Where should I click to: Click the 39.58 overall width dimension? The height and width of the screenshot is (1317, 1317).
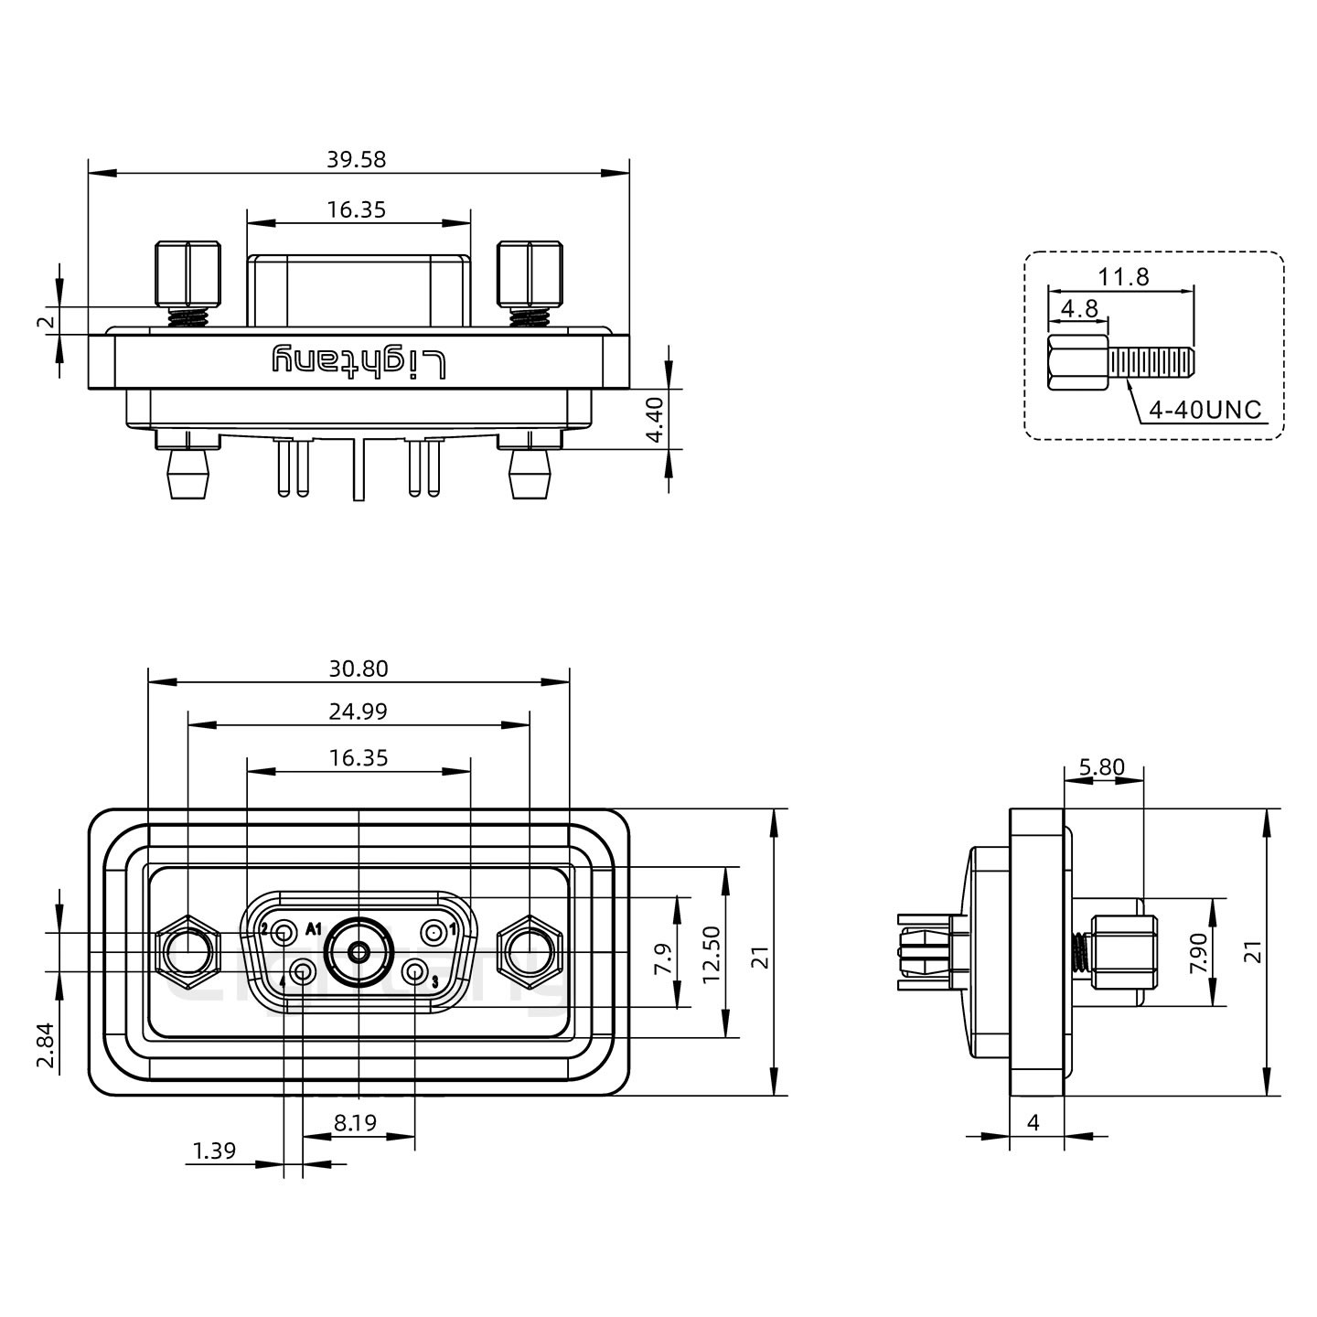[357, 159]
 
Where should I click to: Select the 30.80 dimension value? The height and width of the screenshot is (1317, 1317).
[358, 669]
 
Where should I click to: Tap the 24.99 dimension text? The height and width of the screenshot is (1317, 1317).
[358, 711]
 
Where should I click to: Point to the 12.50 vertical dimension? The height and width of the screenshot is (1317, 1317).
[712, 953]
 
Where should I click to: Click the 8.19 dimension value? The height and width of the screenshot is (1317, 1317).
[355, 1122]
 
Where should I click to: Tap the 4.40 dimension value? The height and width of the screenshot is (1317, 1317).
[655, 420]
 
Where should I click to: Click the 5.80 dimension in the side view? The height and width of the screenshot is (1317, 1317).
[1101, 766]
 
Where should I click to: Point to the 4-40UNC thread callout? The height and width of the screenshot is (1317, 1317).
[1205, 410]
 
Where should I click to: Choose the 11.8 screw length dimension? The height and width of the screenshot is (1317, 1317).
[1124, 276]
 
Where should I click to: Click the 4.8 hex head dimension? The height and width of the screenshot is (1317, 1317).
[1079, 308]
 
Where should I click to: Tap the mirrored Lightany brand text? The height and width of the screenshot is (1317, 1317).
[359, 362]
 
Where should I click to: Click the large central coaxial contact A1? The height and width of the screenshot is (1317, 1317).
[359, 952]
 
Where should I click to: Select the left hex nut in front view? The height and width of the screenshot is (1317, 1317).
[187, 951]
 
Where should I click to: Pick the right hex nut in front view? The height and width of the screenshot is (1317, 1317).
[529, 951]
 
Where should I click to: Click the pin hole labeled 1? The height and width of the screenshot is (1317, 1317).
[432, 933]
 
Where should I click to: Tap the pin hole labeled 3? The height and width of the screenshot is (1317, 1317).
[415, 972]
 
